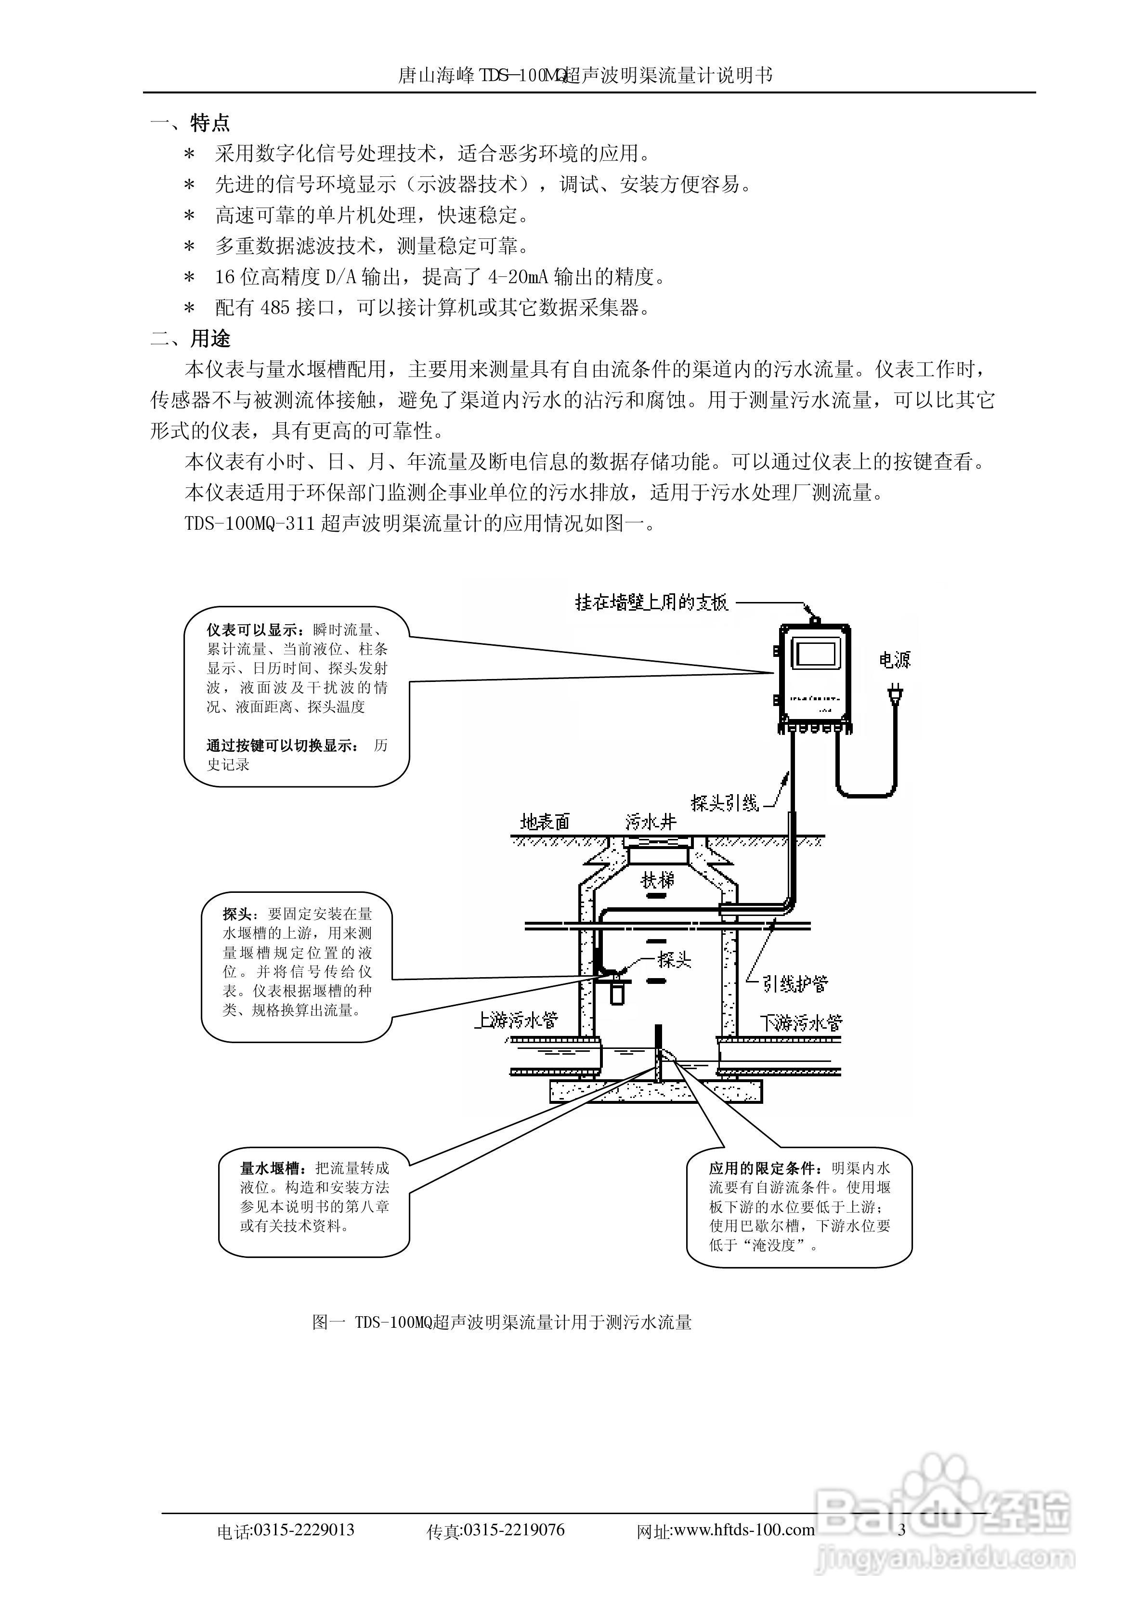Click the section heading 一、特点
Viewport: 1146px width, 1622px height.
[x=190, y=124]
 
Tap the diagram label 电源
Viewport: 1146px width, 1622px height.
[x=895, y=660]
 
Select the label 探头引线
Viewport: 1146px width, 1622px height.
[x=724, y=803]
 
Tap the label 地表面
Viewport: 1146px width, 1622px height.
[x=545, y=822]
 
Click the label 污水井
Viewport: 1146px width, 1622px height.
[x=651, y=822]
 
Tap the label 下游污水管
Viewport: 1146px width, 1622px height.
[x=800, y=1022]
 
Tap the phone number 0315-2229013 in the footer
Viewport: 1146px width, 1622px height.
[x=304, y=1530]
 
